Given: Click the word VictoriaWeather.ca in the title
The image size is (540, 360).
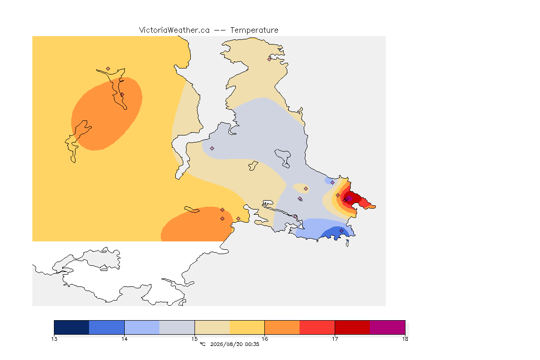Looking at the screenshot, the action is click(174, 30).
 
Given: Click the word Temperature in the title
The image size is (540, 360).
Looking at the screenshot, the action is click(254, 30).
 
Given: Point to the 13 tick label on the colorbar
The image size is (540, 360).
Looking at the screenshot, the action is click(54, 339).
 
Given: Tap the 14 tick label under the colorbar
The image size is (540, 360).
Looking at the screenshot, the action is click(124, 339).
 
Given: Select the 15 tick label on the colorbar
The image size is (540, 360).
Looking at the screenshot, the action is click(195, 339).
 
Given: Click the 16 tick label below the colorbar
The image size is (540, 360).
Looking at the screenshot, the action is click(264, 339).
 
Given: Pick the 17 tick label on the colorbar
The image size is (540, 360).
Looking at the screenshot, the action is click(335, 339).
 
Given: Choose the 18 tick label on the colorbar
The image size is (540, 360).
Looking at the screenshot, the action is click(405, 339).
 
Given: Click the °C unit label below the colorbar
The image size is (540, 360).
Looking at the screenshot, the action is click(203, 344).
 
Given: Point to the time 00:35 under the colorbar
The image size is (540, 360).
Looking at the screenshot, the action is click(252, 344).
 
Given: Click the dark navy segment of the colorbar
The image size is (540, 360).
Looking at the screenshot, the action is click(72, 327).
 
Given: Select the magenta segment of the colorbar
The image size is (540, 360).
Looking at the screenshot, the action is click(388, 327).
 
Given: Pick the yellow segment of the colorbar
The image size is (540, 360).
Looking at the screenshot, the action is click(247, 327).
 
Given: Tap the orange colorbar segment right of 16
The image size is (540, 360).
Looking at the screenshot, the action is click(282, 327).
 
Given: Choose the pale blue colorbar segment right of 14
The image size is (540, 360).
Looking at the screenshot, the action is click(142, 327).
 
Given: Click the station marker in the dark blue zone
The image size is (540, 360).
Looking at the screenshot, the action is click(341, 231).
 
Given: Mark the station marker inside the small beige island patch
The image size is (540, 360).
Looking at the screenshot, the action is click(306, 189).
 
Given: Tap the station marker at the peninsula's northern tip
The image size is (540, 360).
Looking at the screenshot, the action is click(270, 59).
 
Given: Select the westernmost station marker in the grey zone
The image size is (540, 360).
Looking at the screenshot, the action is click(212, 149).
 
